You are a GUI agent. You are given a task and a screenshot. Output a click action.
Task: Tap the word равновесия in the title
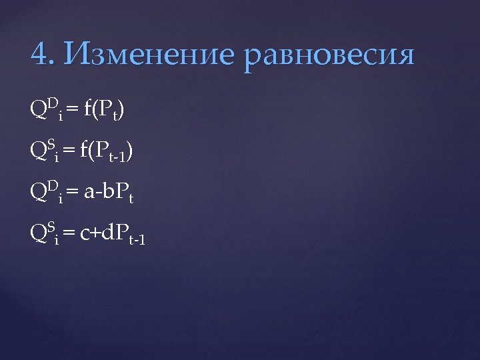[x=330, y=57]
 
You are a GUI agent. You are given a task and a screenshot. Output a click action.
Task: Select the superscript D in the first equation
[x=51, y=102]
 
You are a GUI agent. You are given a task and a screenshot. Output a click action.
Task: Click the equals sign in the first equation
[x=72, y=110]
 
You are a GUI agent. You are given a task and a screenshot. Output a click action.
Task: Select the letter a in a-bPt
[x=89, y=194]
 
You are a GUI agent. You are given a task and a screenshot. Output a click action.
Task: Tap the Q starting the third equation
[x=38, y=193]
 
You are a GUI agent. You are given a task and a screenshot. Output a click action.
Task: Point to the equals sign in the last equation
[x=70, y=235]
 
